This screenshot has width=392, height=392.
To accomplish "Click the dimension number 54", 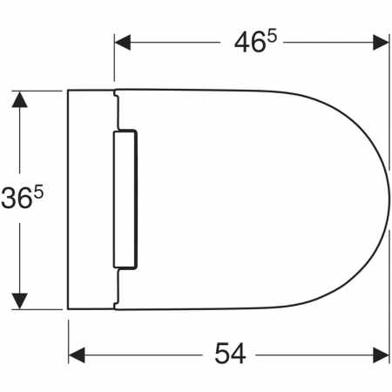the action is [230, 353].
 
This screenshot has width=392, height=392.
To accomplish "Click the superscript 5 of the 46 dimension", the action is [272, 37].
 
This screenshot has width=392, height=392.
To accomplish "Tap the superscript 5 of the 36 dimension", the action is [38, 193].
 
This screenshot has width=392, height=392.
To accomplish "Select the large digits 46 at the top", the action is [250, 43].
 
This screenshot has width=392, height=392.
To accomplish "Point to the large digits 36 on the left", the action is [17, 199].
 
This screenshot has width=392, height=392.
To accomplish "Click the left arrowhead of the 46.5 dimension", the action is [123, 43].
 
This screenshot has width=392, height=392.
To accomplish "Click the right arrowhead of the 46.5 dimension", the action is [381, 43].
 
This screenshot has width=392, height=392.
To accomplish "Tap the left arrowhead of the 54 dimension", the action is [77, 355].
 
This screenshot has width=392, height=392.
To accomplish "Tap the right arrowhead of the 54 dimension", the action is [381, 355].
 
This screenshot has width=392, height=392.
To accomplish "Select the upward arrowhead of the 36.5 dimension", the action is [20, 99].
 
